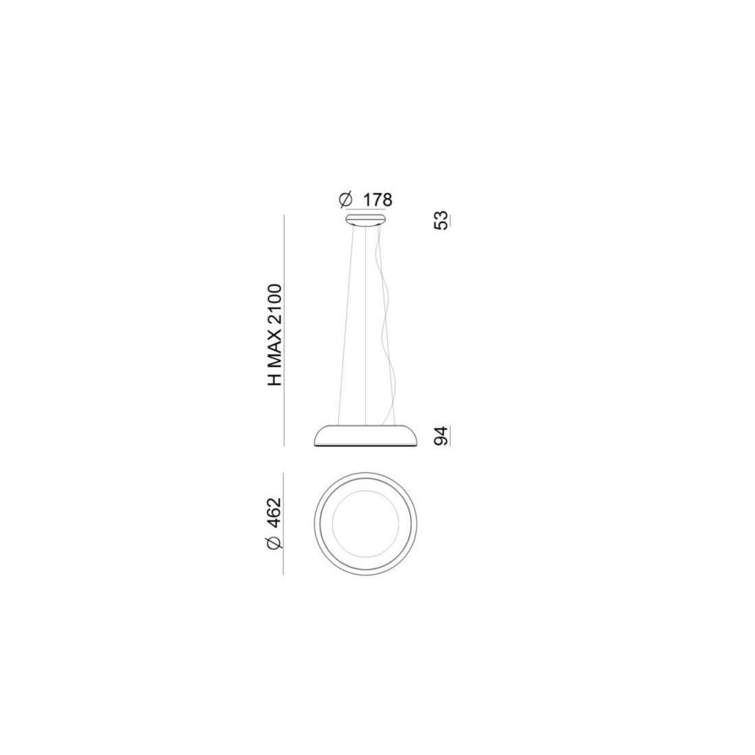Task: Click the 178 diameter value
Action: click(x=377, y=199)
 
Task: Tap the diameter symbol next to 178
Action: click(x=346, y=199)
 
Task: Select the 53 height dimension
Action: click(x=441, y=220)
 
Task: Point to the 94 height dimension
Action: click(x=441, y=436)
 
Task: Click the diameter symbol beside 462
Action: click(x=273, y=542)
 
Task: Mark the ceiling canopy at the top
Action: click(x=365, y=220)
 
